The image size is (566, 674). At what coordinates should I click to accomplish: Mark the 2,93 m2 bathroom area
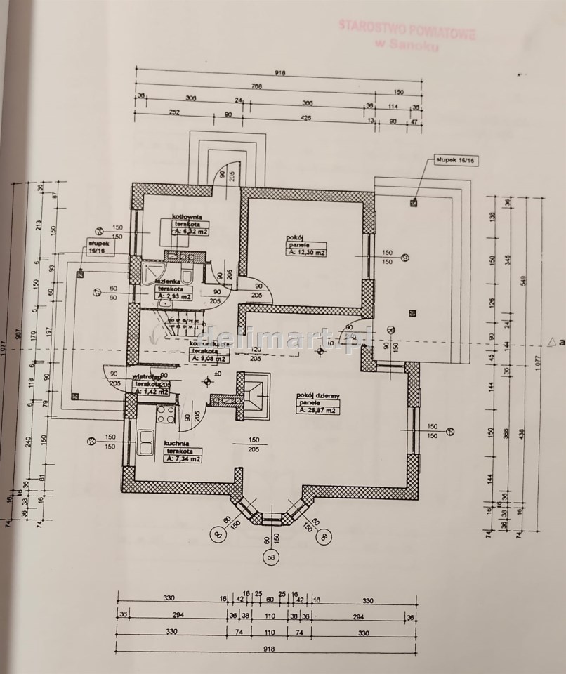tap(171, 296)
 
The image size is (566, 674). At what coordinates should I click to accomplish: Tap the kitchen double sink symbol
tap(147, 443)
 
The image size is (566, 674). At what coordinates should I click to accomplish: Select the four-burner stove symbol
tap(165, 414)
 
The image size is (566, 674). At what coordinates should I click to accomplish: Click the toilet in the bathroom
tap(186, 274)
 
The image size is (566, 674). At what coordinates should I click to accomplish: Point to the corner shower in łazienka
tap(151, 272)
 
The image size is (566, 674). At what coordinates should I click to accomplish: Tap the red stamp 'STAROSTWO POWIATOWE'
tap(407, 28)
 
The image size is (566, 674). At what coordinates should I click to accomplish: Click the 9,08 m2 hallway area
tap(209, 358)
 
